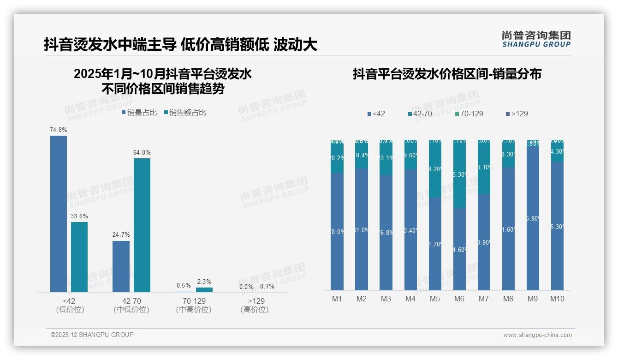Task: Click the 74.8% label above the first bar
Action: coord(59,130)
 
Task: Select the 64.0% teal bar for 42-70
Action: coord(142,225)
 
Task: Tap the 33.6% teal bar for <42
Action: coord(79,257)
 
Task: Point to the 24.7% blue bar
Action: coord(121,266)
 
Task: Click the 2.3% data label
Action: coord(204,282)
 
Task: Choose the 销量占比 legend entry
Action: coord(139,112)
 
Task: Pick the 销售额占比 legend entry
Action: coord(185,112)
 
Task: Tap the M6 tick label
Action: coord(459,299)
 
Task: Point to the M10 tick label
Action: coord(557,299)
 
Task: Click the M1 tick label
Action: coord(337,299)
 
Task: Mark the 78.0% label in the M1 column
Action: coord(337,232)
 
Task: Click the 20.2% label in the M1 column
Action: coord(337,158)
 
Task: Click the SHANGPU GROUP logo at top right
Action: coord(536,39)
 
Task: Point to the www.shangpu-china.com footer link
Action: coord(537,335)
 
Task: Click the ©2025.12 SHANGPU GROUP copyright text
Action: coord(92,335)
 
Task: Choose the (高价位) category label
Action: coord(255,310)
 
